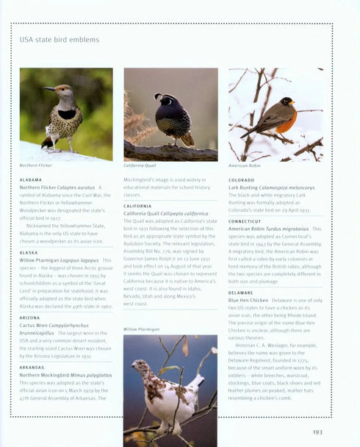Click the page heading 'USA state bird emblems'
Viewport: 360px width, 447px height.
tap(60, 40)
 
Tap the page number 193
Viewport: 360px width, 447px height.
tap(317, 432)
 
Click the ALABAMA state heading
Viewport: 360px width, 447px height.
tap(31, 179)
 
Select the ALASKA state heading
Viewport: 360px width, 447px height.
tap(29, 252)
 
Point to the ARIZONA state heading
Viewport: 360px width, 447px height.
tap(30, 318)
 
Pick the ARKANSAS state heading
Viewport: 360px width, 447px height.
tap(32, 367)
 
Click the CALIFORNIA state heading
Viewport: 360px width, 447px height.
tap(137, 206)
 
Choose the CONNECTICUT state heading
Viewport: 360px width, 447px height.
tap(245, 221)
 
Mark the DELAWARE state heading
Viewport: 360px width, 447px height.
tap(241, 293)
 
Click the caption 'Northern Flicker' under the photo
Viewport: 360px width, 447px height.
tap(36, 166)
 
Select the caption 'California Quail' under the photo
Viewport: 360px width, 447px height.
tap(140, 166)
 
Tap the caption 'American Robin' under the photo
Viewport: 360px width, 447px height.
tap(245, 166)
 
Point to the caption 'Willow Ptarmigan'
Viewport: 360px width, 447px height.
tap(141, 329)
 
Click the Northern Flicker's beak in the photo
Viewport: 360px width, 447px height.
tap(46, 88)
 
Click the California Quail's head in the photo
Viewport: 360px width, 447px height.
tap(159, 98)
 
